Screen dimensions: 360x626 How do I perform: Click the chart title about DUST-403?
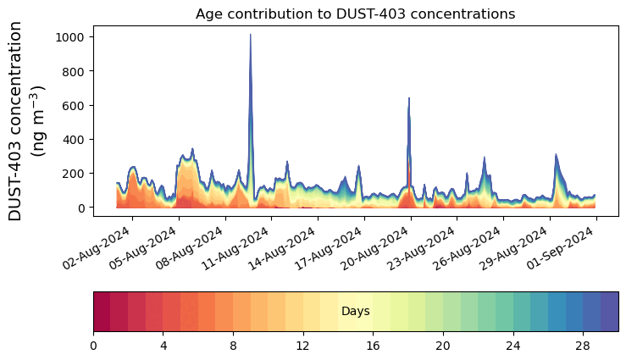355,14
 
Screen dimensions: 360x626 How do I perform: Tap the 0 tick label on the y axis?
82,208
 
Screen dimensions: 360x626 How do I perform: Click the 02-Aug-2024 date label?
100,249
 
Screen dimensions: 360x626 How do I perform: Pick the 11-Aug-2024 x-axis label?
239,249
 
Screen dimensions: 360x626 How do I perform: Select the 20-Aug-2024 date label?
378,249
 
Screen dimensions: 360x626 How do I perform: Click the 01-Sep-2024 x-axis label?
563,249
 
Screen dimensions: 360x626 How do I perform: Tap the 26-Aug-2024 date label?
471,249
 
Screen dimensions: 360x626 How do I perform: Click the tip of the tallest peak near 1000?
250,35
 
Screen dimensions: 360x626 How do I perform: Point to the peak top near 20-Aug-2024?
409,98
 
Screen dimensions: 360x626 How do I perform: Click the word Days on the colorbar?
355,312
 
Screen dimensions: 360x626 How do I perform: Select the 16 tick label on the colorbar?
373,346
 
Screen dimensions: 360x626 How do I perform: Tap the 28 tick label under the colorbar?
583,346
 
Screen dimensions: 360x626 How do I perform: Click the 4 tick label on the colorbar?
163,346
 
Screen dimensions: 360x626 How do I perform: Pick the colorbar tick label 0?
93,346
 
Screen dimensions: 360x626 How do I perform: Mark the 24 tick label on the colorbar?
512,346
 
